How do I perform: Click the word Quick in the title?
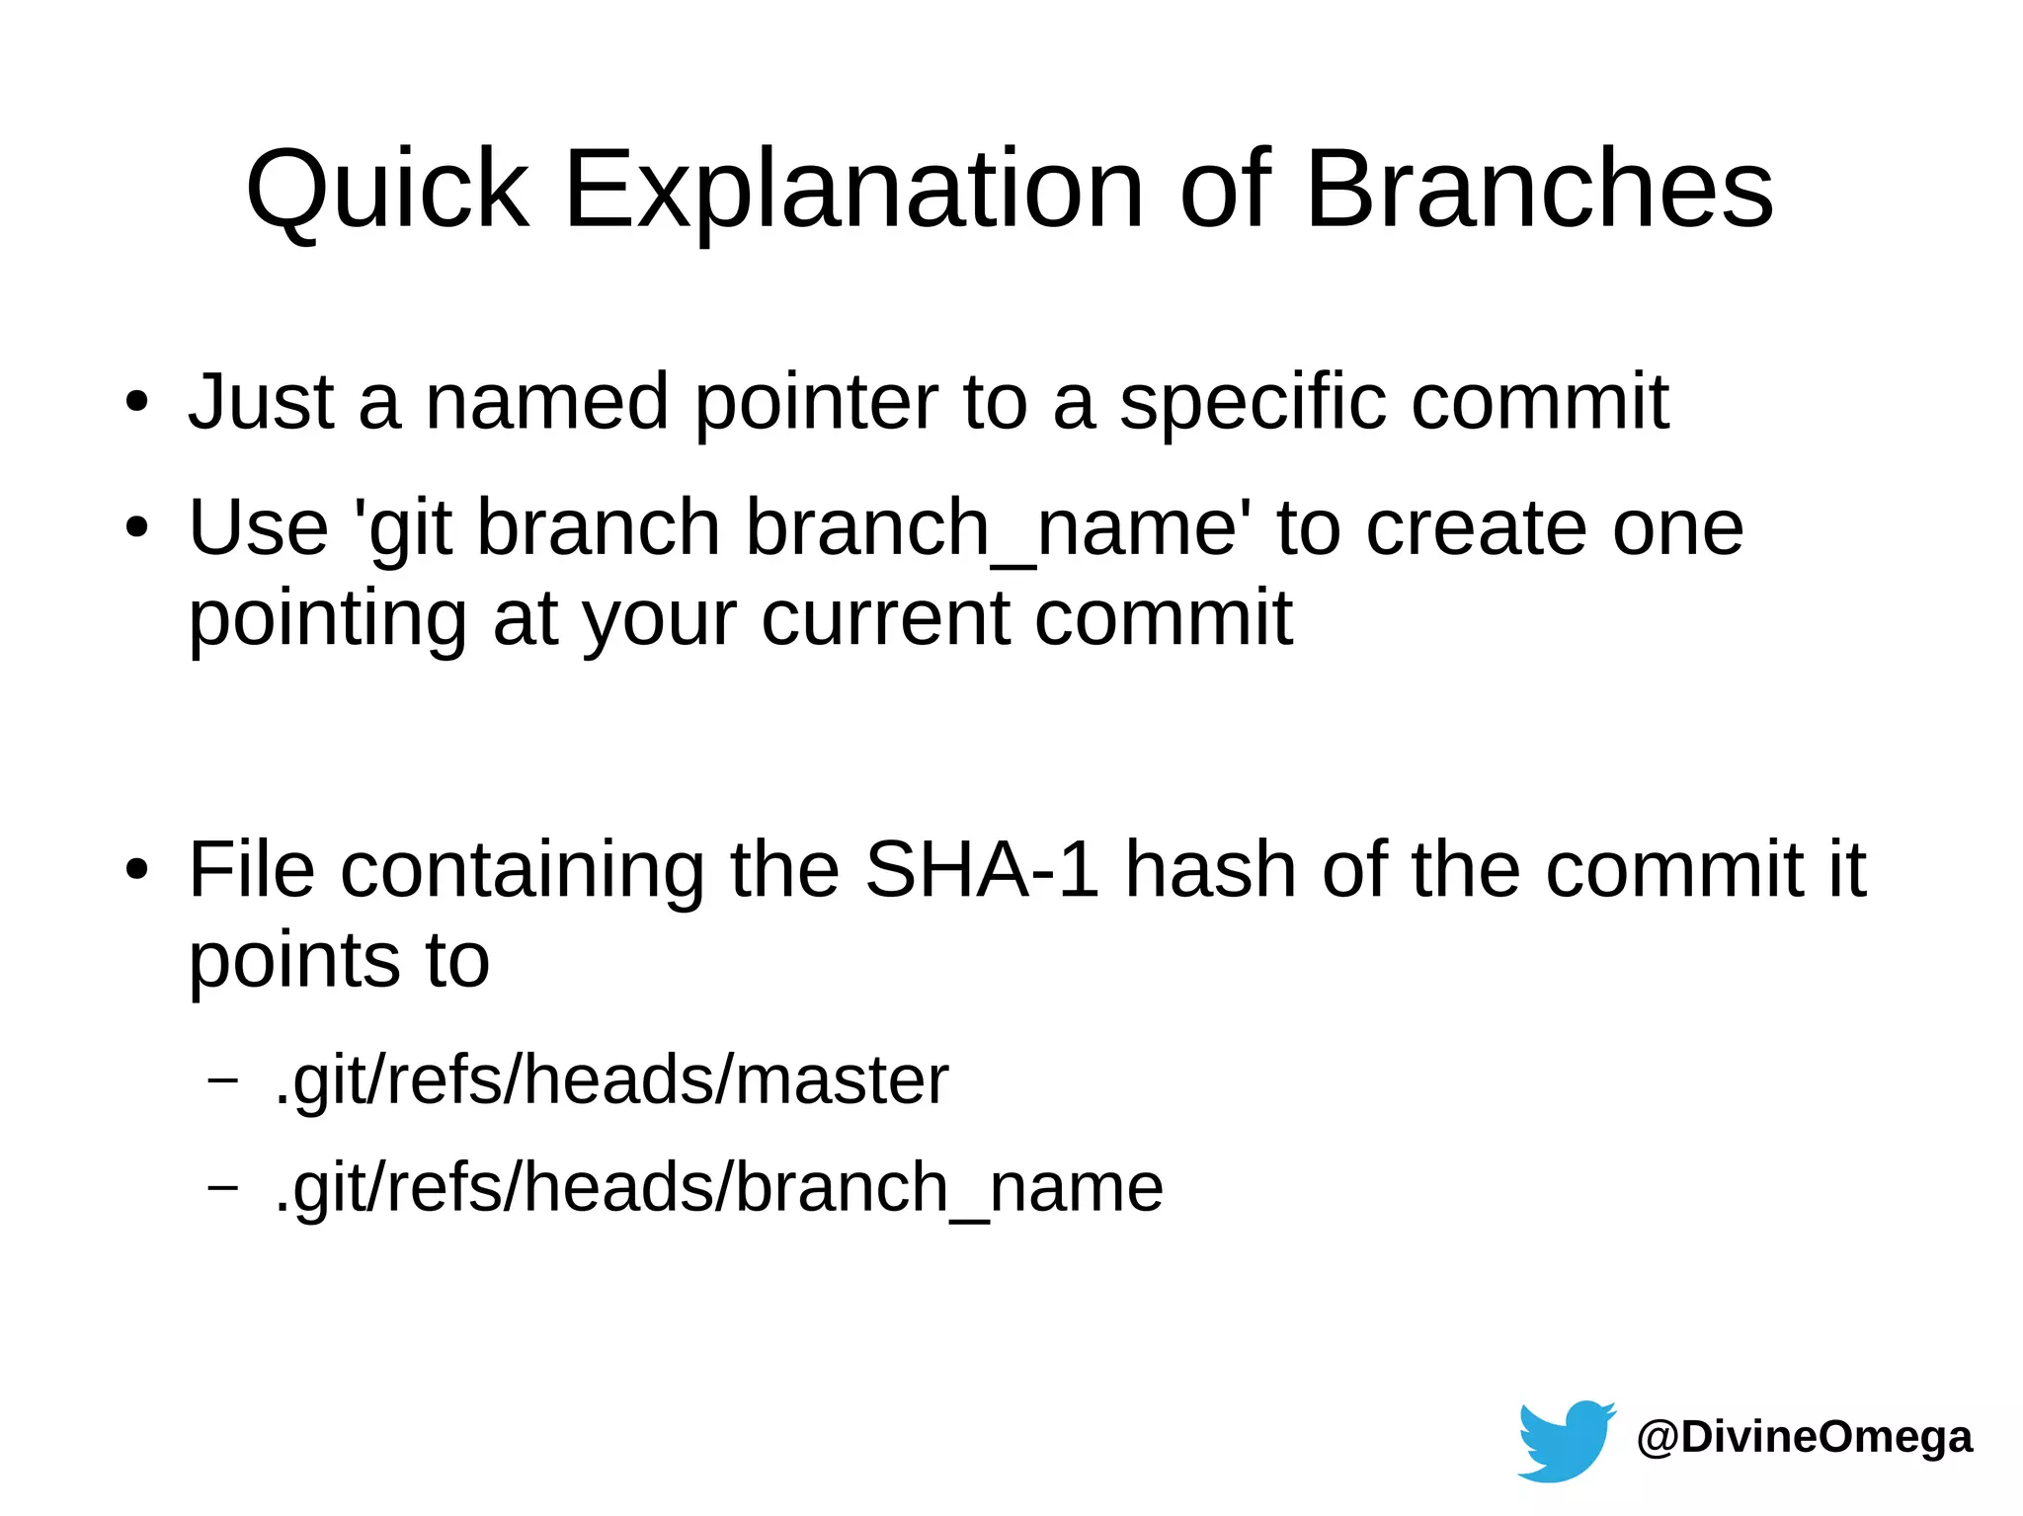387,190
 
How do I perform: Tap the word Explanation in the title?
853,190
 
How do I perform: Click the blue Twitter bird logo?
1566,1440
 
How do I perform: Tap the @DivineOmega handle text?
1804,1437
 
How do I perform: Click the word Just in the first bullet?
261,402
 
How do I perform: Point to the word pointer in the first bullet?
816,404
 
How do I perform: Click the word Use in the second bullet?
258,527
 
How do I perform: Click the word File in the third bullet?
252,870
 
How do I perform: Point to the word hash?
1210,870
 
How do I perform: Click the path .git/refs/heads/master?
611,1080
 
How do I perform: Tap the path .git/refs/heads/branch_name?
718,1188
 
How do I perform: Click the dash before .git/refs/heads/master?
223,1079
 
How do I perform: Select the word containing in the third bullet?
523,870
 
